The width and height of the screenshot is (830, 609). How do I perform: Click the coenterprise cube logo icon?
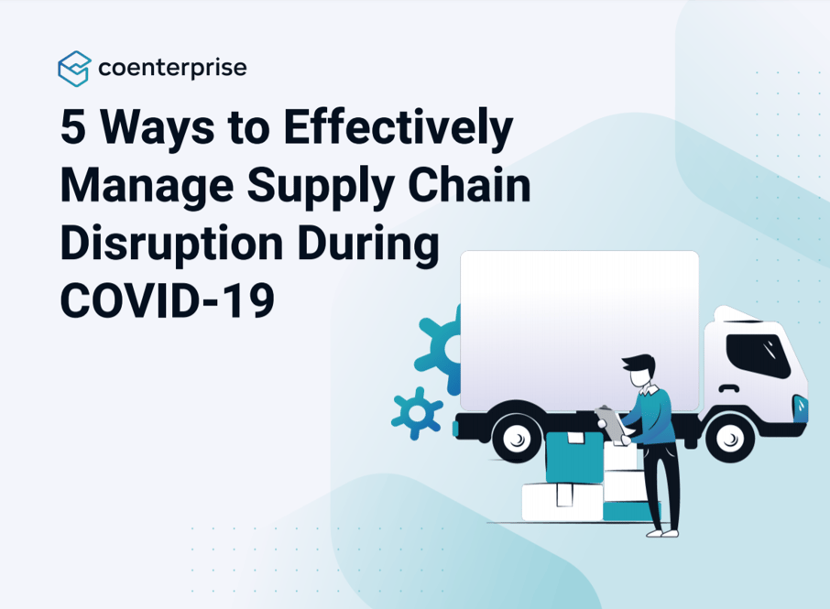74,69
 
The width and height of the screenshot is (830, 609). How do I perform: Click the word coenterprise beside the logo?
171,68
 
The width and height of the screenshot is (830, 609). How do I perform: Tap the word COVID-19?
168,299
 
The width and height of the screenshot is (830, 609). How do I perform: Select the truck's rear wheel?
519,438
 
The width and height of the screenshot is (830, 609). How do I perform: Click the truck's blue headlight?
801,404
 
